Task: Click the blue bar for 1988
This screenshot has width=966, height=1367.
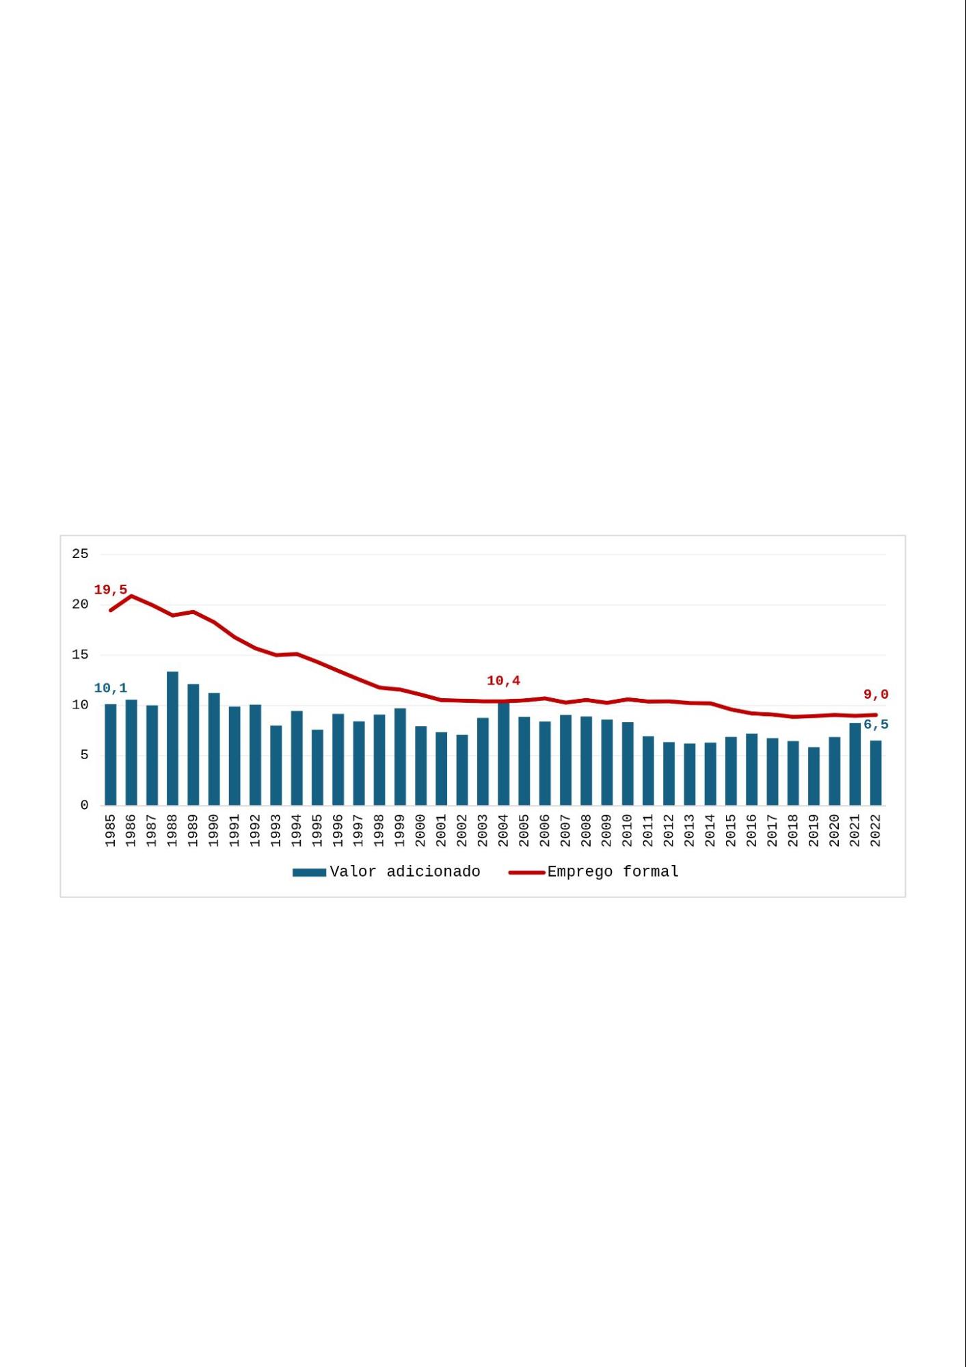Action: coord(172,739)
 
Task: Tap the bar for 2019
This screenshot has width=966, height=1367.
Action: coord(814,776)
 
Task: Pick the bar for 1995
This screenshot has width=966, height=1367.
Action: coord(317,767)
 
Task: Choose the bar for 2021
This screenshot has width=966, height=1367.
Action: coord(855,764)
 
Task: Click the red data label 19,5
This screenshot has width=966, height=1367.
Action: coord(111,589)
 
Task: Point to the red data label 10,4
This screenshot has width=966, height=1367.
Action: coord(503,680)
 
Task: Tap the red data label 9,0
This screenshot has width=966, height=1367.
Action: coord(876,695)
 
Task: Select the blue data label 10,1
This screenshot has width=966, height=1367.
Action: coord(111,688)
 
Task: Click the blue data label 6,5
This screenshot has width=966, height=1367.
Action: coord(876,725)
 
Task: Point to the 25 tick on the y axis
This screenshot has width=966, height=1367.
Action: coord(80,554)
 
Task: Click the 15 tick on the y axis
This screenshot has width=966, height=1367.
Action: coord(80,654)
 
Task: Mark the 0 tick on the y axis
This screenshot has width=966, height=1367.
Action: coord(84,806)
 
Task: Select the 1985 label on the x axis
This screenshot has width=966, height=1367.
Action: coord(111,830)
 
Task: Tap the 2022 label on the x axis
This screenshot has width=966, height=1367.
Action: coord(876,830)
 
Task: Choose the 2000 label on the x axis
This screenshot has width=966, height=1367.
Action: coord(420,830)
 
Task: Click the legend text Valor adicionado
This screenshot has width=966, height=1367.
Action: coord(405,872)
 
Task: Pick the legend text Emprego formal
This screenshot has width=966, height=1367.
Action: coord(613,872)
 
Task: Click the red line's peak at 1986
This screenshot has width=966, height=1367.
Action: coord(131,596)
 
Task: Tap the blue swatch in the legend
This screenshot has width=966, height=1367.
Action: coord(309,873)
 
